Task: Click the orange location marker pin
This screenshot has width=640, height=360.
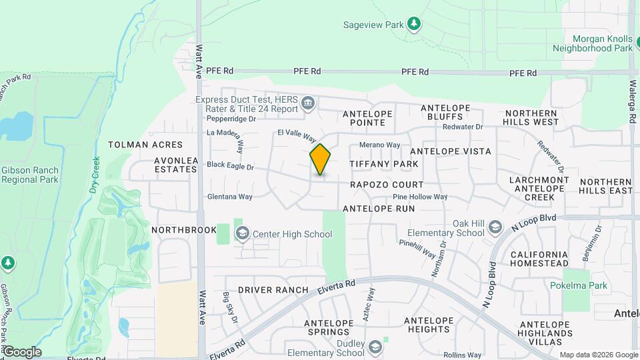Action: pos(320,160)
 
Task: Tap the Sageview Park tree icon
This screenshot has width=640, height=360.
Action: pos(414,25)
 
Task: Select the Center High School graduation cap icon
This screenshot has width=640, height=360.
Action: pos(242,233)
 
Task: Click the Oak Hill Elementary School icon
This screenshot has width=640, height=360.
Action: pos(495,227)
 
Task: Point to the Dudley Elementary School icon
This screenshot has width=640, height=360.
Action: pos(375,345)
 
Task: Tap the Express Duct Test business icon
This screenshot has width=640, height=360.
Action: pos(307,102)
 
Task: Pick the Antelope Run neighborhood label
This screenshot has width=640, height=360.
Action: pos(379,209)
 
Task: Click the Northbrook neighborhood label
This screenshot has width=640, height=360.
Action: pos(184,230)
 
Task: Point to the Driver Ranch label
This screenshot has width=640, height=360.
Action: pos(273,290)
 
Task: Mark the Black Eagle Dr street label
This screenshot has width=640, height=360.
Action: pos(231,165)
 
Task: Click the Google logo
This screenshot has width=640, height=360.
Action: pos(21,351)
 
